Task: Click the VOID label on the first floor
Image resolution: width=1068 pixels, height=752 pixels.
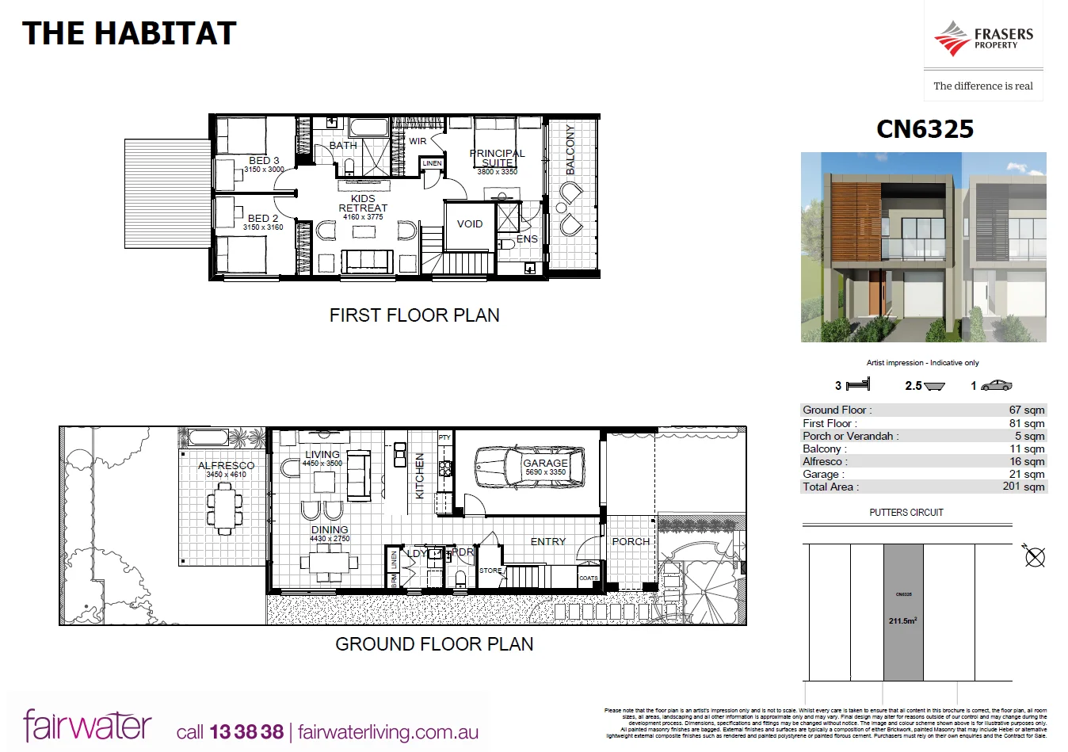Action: [x=470, y=224]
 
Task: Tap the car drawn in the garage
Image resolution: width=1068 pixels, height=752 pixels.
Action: [x=528, y=468]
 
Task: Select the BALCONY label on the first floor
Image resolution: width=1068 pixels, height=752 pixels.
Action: [x=570, y=150]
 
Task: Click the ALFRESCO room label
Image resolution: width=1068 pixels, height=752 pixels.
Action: [x=227, y=466]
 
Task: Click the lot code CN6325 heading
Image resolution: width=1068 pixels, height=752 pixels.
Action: [x=925, y=129]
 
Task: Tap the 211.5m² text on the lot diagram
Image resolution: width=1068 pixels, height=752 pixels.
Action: [x=903, y=621]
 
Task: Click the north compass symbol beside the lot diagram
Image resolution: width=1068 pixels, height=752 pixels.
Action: [x=1034, y=556]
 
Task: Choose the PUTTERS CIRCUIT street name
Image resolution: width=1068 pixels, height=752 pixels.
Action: [x=906, y=513]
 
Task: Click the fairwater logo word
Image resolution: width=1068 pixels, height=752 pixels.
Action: [x=87, y=725]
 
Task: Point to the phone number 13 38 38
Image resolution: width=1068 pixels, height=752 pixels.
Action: [x=246, y=732]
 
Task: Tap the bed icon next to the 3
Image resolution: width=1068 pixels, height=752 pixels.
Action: [x=858, y=385]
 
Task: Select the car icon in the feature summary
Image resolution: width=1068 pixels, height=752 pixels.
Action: [x=996, y=385]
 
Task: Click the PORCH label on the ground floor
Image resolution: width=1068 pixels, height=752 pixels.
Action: [x=631, y=542]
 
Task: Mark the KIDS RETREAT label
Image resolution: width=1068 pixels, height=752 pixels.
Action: [x=363, y=204]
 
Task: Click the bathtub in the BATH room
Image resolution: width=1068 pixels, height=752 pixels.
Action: [x=368, y=127]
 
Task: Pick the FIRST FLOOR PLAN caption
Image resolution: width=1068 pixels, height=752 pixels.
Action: [x=414, y=315]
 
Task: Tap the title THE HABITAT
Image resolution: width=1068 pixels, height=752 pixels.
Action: [x=130, y=33]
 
